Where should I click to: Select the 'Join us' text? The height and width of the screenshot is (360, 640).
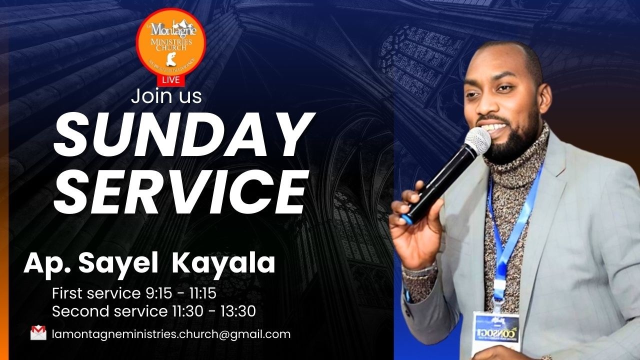tap(166, 96)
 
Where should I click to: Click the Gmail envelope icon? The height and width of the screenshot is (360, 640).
tap(38, 333)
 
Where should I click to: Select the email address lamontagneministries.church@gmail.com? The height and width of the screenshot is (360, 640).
tap(171, 334)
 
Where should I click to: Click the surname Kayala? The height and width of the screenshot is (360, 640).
tap(223, 263)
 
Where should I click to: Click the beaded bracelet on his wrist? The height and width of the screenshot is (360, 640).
tap(419, 272)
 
